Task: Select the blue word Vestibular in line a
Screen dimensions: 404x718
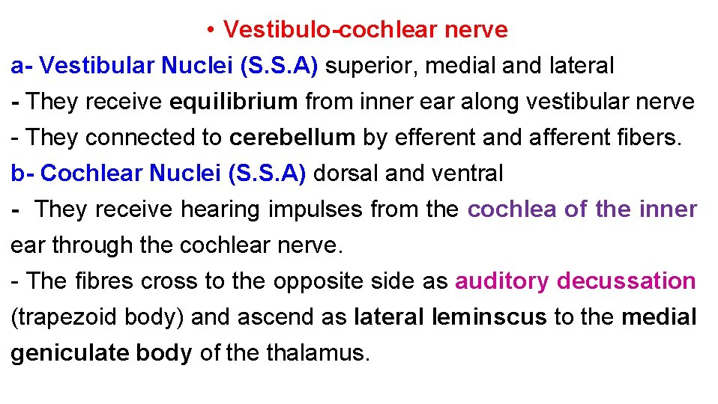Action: [97, 66]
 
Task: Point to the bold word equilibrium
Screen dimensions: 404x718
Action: [233, 102]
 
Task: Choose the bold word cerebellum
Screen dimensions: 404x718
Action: [292, 138]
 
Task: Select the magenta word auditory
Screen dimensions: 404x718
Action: [502, 281]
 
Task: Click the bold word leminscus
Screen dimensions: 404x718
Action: [490, 317]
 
